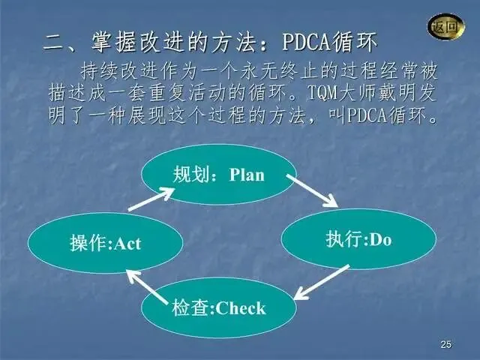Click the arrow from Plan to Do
click(311, 190)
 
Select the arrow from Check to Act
click(145, 288)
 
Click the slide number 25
click(446, 344)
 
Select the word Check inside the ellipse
click(241, 307)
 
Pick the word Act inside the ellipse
click(126, 243)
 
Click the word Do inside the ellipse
click(381, 240)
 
